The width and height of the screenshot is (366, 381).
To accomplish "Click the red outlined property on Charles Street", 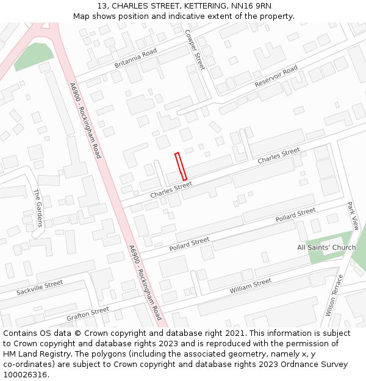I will coord(181,166).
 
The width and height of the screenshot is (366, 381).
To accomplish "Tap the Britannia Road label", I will coord(135,58).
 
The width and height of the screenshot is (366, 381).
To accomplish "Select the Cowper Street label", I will coord(195,50).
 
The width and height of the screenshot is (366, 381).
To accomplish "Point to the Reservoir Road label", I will coord(276,76).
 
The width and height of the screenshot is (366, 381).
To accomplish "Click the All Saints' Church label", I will coord(326,247).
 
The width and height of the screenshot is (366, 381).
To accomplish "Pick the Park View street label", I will coord(353,216).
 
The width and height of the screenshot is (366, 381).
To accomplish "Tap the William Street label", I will coord(251,287).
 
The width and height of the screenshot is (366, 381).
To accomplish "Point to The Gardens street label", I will coord(38,208).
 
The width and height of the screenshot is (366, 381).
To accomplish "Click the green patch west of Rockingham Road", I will coord(34,56).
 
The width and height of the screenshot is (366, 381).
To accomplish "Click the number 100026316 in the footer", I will coord(24,375).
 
